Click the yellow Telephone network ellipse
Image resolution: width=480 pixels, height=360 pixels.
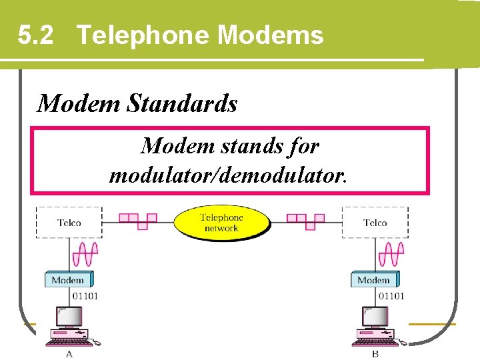(221, 222)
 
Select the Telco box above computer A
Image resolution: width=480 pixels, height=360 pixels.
(69, 222)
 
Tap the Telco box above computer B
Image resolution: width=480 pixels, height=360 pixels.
(375, 222)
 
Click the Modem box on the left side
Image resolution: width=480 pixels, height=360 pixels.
(67, 280)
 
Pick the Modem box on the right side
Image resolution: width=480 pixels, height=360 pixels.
(373, 280)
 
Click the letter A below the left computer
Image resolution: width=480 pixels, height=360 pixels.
(69, 354)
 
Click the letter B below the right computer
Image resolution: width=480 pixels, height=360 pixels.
(375, 354)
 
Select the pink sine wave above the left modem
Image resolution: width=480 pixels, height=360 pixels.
(85, 255)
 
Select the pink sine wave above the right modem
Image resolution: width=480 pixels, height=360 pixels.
(391, 255)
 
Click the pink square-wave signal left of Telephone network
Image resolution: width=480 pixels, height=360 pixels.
(138, 220)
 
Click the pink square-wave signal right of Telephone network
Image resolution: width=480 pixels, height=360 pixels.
(305, 220)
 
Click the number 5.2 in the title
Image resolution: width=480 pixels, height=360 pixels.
(36, 35)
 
